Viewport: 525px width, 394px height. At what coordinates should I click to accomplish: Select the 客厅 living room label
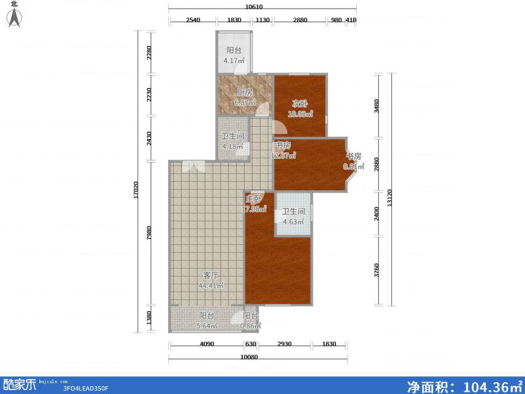[x=211, y=275]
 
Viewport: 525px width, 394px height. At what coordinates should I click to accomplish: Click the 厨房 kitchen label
[x=244, y=93]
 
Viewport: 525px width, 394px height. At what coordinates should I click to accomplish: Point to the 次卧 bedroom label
[x=300, y=103]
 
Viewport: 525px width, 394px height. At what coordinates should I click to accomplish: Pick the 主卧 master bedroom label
[x=254, y=199]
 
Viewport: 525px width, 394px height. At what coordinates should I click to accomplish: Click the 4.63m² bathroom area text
[x=293, y=222]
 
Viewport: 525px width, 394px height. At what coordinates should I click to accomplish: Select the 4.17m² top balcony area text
[x=234, y=61]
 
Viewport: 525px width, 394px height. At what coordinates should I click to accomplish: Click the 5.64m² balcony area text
[x=207, y=324]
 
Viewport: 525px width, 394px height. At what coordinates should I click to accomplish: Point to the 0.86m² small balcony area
[x=251, y=324]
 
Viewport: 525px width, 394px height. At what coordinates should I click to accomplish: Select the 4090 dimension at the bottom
[x=206, y=345]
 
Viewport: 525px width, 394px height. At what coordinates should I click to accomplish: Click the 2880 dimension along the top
[x=300, y=20]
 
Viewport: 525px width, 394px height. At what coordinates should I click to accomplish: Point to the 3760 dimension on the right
[x=376, y=271]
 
